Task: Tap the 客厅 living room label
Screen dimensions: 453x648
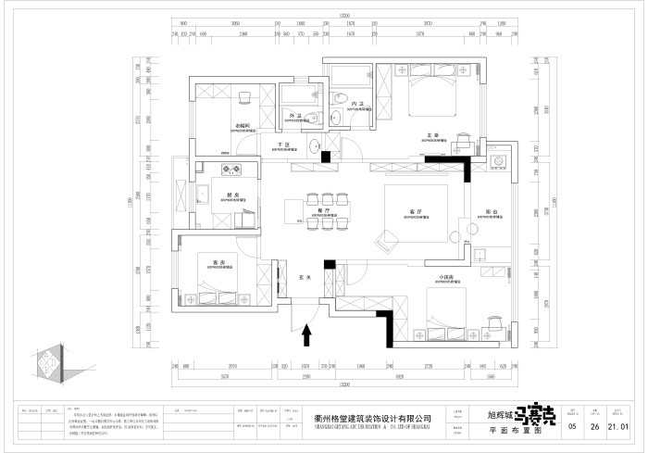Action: [413, 212]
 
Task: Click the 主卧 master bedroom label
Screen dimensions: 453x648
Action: [431, 133]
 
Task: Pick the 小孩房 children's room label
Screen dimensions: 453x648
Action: [445, 277]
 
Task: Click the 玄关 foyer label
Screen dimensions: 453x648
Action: [302, 276]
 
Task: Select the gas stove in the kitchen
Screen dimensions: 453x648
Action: [229, 169]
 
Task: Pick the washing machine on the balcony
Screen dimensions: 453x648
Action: [479, 256]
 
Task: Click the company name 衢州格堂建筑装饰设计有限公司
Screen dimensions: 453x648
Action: [367, 421]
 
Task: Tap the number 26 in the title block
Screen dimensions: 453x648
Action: [595, 426]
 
